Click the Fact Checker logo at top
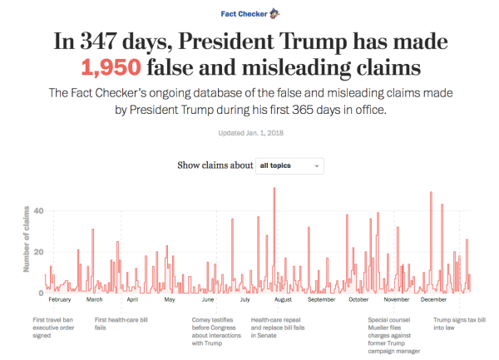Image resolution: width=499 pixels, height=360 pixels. (x=249, y=13)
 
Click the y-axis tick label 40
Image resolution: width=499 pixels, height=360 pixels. (x=37, y=211)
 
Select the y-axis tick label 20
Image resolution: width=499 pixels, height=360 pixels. (x=37, y=252)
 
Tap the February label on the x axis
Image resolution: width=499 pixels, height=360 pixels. (x=60, y=300)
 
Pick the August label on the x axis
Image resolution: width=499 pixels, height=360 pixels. (x=283, y=300)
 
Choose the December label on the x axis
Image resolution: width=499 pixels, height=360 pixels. (x=433, y=300)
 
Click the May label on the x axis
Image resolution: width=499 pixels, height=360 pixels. (x=169, y=300)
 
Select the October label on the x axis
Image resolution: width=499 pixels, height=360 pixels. (x=358, y=300)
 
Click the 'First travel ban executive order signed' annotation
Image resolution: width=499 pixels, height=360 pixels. (x=61, y=327)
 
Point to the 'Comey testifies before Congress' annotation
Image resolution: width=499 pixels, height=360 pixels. (x=215, y=331)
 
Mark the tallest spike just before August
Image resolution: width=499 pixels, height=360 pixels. (x=274, y=191)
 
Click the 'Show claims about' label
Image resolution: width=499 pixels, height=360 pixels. (x=215, y=166)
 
